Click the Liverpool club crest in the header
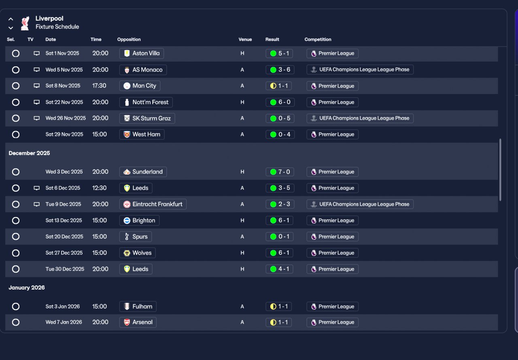[x=25, y=23]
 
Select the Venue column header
[x=245, y=39]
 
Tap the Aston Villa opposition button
[x=142, y=53]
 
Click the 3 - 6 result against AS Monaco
[x=280, y=70]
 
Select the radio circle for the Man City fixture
[x=16, y=86]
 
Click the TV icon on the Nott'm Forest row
[x=36, y=102]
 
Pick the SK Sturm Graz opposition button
[x=147, y=118]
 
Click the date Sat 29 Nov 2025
[x=64, y=134]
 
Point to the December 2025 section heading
[x=29, y=153]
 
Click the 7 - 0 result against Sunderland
[x=280, y=172]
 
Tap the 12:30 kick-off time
[x=100, y=188]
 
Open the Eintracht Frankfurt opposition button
[x=153, y=204]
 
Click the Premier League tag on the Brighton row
[x=333, y=220]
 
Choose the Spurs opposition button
[x=136, y=236]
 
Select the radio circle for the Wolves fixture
[x=16, y=253]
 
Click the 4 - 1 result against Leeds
[x=279, y=269]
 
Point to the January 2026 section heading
[x=27, y=288]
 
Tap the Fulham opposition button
[x=138, y=307]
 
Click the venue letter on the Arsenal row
[x=242, y=322]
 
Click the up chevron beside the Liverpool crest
[x=11, y=19]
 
